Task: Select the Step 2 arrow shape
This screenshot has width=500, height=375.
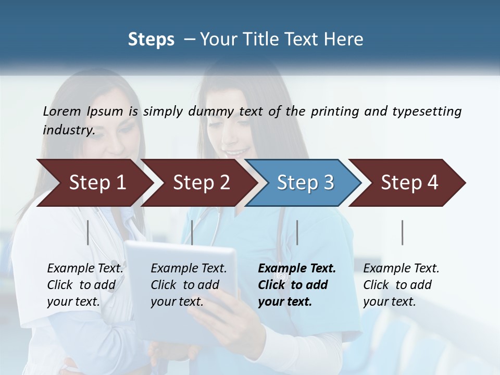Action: (201, 182)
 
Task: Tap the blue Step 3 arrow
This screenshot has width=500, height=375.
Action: (305, 182)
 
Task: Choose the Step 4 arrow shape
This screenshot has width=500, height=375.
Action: (409, 182)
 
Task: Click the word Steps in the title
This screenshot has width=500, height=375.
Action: (151, 39)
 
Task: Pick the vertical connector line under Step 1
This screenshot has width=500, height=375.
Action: (88, 232)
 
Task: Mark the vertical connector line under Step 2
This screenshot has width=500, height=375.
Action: (192, 232)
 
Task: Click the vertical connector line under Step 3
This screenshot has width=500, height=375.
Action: (297, 232)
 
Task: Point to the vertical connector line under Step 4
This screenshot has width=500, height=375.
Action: (403, 232)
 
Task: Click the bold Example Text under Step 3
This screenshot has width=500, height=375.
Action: (297, 268)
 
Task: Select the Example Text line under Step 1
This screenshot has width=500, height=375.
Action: (85, 268)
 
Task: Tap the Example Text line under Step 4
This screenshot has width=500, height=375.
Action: (401, 268)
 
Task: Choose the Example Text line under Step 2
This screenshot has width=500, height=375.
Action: (189, 268)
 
